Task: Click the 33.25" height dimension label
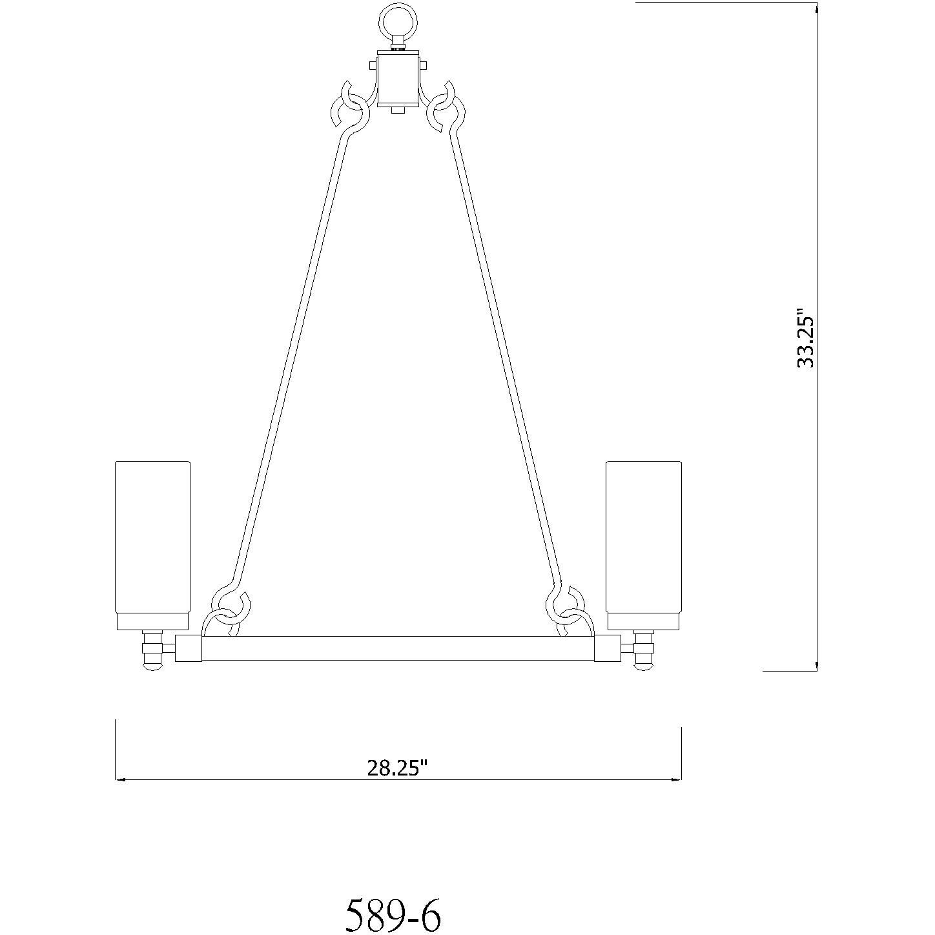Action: (806, 341)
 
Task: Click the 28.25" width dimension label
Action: (397, 768)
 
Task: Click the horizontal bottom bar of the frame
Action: (398, 649)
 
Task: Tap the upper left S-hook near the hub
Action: (349, 107)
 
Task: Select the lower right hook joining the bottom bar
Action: (567, 610)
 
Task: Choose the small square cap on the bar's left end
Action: (189, 649)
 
